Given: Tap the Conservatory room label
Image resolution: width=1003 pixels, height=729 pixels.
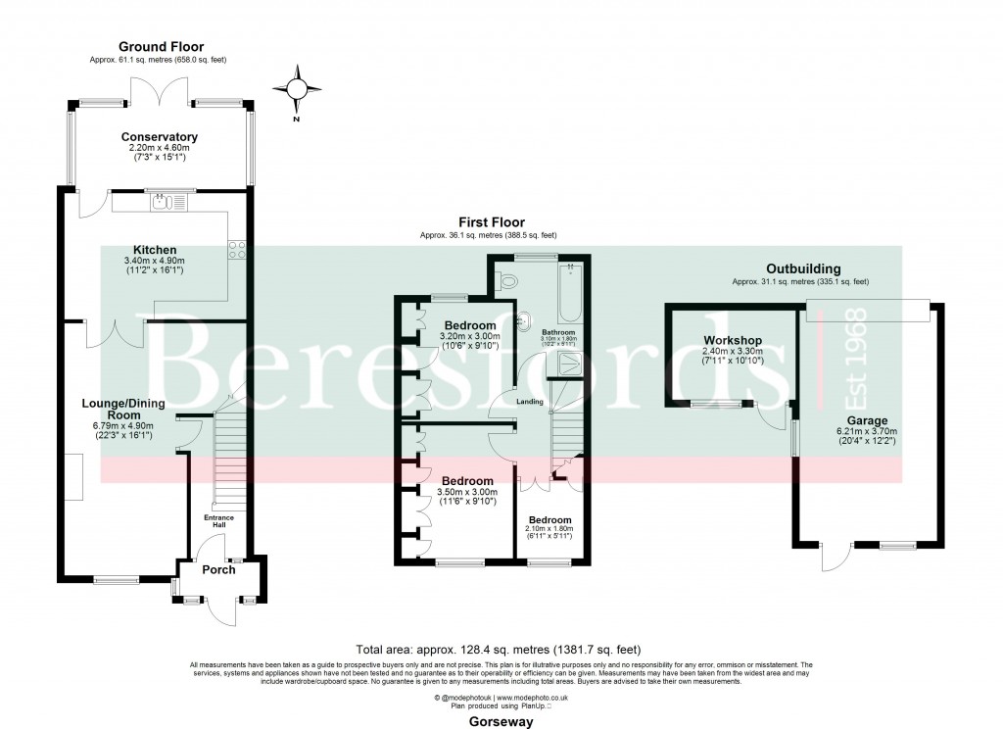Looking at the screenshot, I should [x=159, y=137].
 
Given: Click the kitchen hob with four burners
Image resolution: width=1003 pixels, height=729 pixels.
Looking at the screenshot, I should [x=237, y=249].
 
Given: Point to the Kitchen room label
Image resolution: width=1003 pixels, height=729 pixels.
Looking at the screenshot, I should [x=156, y=250].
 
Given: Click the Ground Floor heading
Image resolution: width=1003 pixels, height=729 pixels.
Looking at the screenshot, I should [x=160, y=46].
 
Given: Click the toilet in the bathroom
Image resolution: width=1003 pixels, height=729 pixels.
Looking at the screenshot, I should [x=507, y=281].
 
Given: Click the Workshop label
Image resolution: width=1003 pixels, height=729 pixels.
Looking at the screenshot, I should [x=733, y=341].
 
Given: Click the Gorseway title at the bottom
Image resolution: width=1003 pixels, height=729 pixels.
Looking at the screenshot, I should [x=501, y=722].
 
